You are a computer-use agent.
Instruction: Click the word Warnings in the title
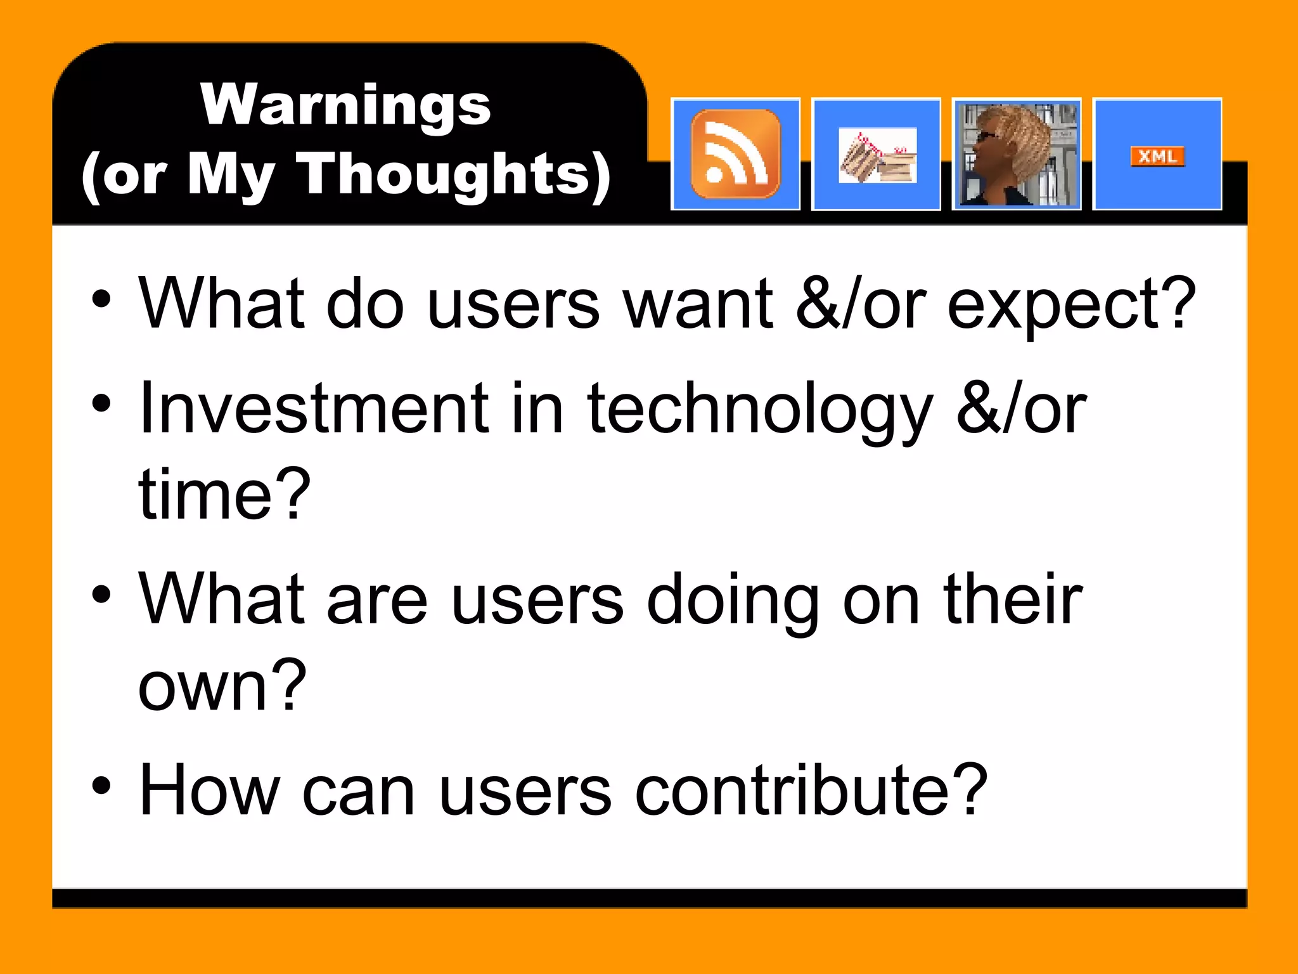(345, 105)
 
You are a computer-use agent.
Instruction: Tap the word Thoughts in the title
(444, 174)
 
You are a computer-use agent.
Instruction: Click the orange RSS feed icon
(735, 154)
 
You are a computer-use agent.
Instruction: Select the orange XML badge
(1157, 156)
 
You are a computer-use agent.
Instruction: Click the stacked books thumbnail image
(877, 156)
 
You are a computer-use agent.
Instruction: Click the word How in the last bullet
(209, 790)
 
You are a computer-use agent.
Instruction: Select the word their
(1013, 599)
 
